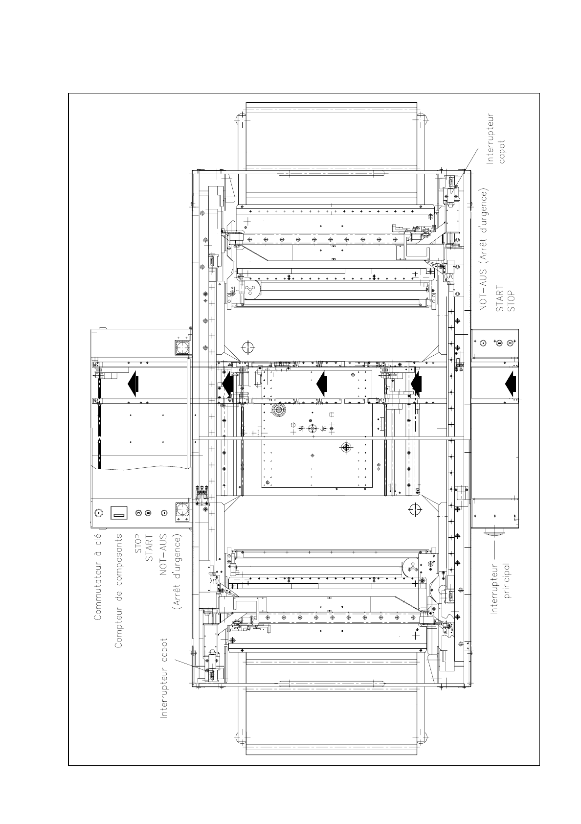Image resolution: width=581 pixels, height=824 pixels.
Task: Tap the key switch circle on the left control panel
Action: coord(98,513)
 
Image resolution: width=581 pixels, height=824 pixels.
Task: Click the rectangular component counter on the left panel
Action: coord(119,513)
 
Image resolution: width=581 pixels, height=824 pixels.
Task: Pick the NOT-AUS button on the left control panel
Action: coord(164,513)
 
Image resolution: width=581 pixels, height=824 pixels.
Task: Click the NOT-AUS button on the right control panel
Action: coord(483,343)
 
